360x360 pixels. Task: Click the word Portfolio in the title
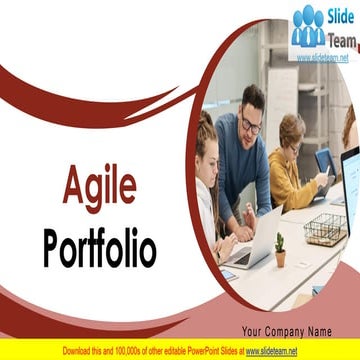tap(99, 248)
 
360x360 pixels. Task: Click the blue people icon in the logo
tap(309, 27)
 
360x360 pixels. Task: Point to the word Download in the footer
tap(81, 351)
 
